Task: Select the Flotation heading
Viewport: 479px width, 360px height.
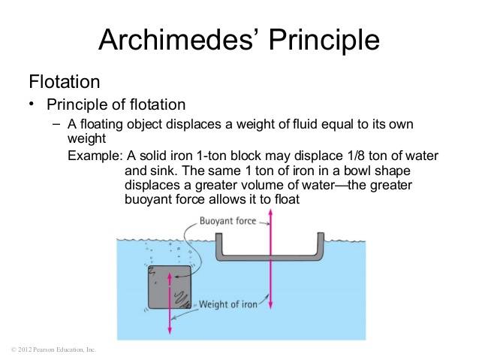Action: [x=64, y=80]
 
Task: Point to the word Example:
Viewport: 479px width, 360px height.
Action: [x=93, y=156]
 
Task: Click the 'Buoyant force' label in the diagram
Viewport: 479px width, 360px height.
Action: [x=227, y=221]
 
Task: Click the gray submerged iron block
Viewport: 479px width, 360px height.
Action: [x=169, y=288]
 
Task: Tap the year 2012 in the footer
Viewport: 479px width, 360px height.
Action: [x=23, y=350]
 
